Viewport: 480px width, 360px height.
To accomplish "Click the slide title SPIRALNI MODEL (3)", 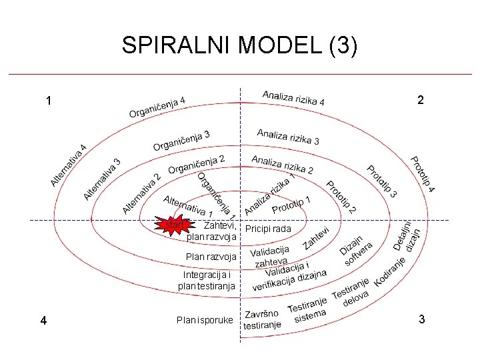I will (x=239, y=45).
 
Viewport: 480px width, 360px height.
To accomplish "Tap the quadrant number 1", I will (x=49, y=101).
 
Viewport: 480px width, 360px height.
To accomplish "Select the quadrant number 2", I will (x=419, y=100).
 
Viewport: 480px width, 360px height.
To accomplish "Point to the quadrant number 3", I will (x=421, y=319).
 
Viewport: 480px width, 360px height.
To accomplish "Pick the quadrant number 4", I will (x=43, y=321).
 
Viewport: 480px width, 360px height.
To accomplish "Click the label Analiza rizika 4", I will (x=293, y=98).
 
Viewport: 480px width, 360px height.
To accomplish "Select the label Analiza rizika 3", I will (x=288, y=137).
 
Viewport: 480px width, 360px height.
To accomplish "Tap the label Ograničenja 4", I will (x=157, y=107).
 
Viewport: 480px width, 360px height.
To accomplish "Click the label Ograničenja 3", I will (x=181, y=141).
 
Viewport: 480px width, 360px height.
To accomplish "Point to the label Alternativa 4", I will (x=69, y=165).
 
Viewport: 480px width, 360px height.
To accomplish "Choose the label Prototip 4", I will (x=422, y=175).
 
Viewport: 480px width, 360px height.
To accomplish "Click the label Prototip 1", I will (x=291, y=205).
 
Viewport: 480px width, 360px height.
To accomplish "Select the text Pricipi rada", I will (x=268, y=229).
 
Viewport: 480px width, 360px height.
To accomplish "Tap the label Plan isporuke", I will (x=205, y=320).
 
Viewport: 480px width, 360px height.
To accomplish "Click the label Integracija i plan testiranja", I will (x=207, y=281).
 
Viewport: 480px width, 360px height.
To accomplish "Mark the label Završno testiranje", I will (x=261, y=320).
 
